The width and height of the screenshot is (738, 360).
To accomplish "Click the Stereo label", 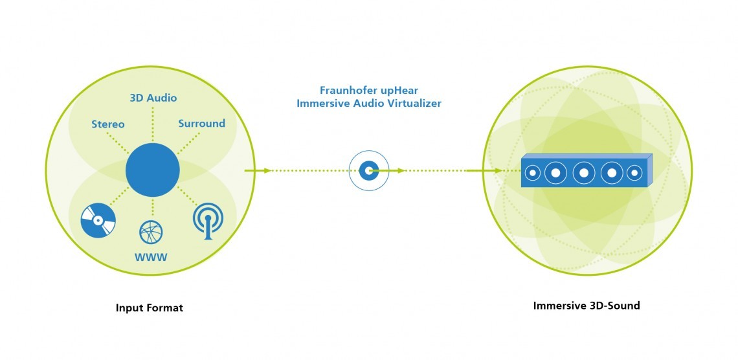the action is click(x=107, y=124).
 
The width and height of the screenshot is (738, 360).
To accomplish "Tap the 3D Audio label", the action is click(x=153, y=98).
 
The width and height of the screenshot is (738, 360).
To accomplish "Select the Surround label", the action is click(x=201, y=123).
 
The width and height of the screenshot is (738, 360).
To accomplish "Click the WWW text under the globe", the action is click(x=151, y=258).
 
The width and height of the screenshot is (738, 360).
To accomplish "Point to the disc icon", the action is click(x=98, y=220).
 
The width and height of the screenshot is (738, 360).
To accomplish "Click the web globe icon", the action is click(x=151, y=232).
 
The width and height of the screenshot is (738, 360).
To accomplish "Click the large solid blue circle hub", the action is click(x=153, y=170).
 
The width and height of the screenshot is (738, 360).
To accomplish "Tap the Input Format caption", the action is click(x=149, y=308).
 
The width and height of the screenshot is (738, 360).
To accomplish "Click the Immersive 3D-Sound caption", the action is click(x=587, y=306).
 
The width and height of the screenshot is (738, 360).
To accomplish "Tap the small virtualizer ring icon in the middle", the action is click(x=369, y=170).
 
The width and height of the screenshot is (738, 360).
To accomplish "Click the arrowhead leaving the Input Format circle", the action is click(x=267, y=170).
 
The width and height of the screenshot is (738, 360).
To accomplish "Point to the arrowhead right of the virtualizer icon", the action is click(x=401, y=170).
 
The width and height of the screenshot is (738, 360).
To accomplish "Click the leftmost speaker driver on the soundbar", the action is click(x=533, y=173).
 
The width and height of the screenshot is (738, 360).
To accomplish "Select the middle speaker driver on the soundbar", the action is click(x=584, y=173).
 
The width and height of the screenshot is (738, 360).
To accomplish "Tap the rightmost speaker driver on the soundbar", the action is click(x=634, y=173).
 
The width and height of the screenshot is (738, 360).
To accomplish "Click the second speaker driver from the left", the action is click(x=556, y=173).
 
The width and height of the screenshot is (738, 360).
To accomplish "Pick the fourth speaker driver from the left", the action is click(x=612, y=173).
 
